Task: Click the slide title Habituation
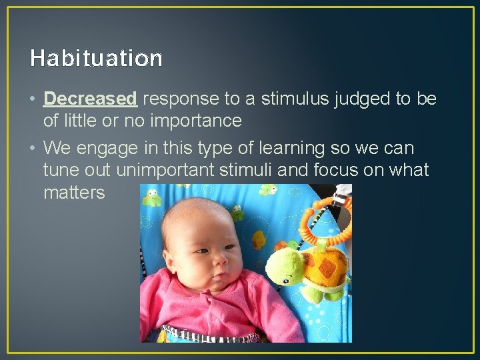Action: coord(96,59)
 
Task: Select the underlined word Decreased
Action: coord(90,99)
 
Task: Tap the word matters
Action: coord(74,193)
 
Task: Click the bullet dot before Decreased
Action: coord(33,99)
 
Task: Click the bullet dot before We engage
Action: coord(33,148)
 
